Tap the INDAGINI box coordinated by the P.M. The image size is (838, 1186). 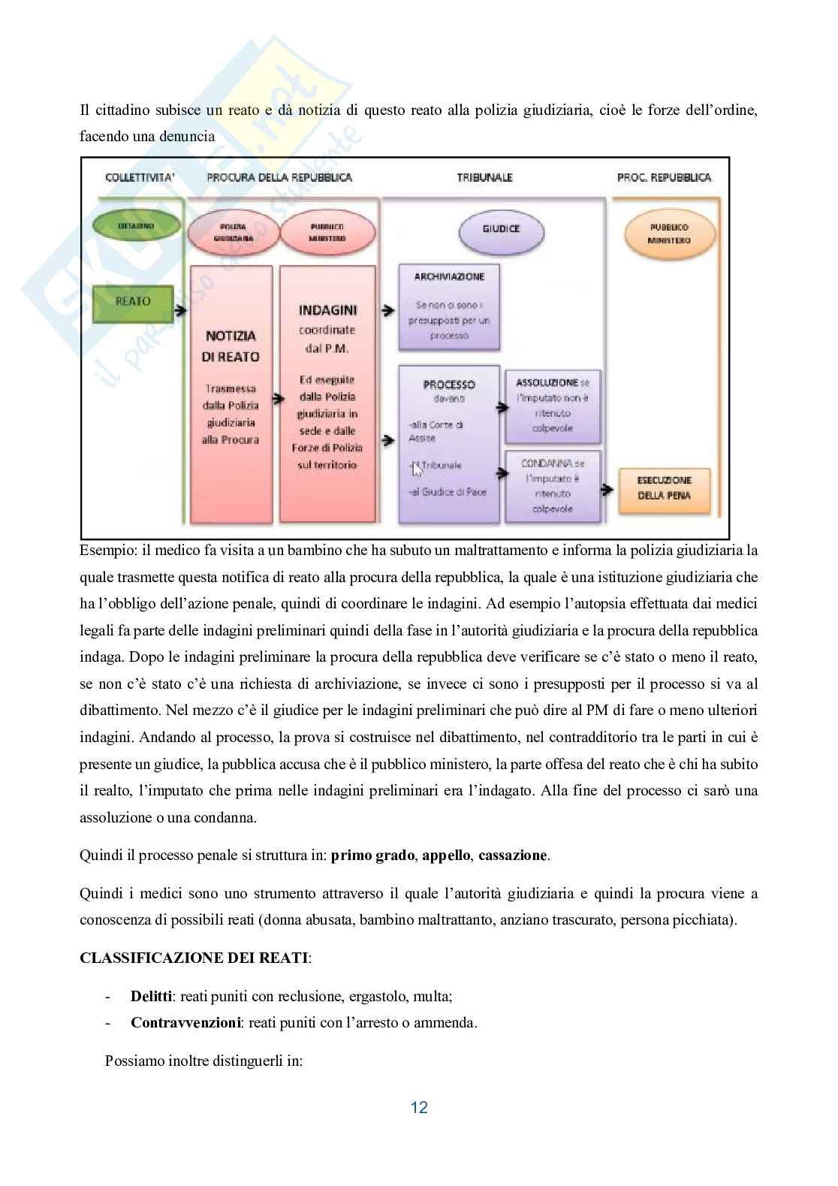pyautogui.click(x=327, y=394)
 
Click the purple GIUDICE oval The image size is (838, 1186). pyautogui.click(x=501, y=228)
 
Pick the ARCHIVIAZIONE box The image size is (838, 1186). pyautogui.click(x=449, y=306)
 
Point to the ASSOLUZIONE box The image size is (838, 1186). pyautogui.click(x=553, y=406)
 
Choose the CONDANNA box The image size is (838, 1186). pyautogui.click(x=553, y=486)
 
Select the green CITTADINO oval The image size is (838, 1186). pyautogui.click(x=135, y=225)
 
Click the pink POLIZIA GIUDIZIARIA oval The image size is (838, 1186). pyautogui.click(x=231, y=232)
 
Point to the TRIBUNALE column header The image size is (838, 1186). pyautogui.click(x=484, y=178)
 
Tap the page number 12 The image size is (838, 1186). pyautogui.click(x=419, y=1106)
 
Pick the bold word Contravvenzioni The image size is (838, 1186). pyautogui.click(x=185, y=1022)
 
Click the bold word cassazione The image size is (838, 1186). pyautogui.click(x=513, y=856)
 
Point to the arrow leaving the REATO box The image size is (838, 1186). pyautogui.click(x=180, y=309)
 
